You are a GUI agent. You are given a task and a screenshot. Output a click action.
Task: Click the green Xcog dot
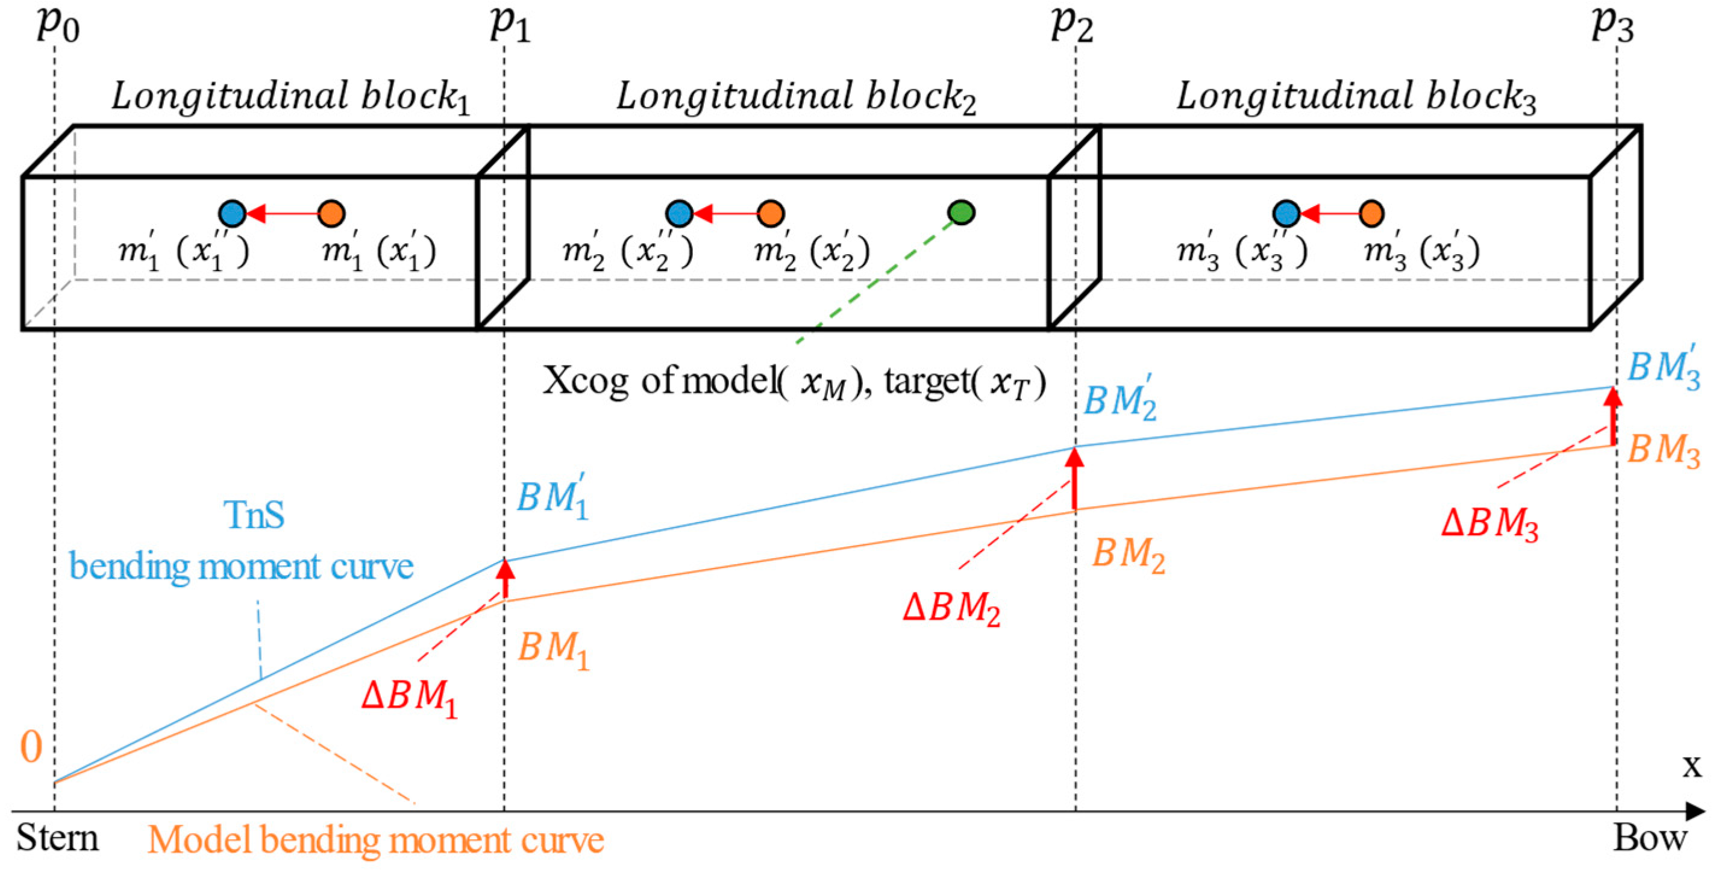[x=961, y=212]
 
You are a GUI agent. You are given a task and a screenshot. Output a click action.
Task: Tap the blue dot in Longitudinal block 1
[x=232, y=213]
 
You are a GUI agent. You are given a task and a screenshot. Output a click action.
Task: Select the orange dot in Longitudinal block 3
[x=1371, y=213]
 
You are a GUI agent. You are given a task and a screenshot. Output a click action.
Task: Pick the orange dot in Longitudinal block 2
[x=771, y=213]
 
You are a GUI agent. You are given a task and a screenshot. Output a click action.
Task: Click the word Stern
[x=57, y=838]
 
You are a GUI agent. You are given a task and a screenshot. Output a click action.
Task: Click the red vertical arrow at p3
[x=1613, y=416]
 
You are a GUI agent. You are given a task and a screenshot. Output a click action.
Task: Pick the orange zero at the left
[x=31, y=747]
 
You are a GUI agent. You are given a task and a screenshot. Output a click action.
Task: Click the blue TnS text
[x=254, y=515]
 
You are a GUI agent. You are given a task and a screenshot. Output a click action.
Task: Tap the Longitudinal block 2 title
[x=795, y=97]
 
